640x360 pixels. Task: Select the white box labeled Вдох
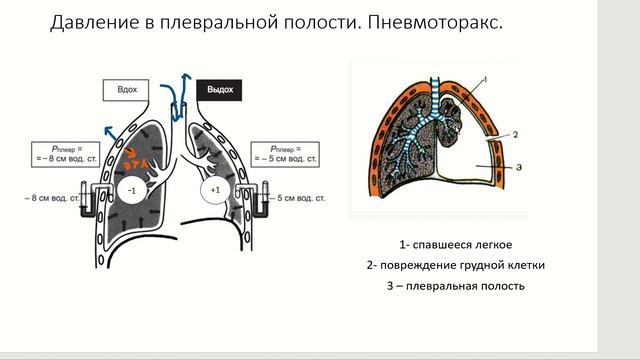click(127, 90)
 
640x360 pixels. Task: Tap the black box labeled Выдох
click(219, 90)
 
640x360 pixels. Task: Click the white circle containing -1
click(132, 189)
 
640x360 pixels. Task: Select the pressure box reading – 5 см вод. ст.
click(285, 153)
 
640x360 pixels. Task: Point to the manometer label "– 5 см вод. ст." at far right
click(301, 199)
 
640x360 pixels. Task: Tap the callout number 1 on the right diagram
click(483, 79)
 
